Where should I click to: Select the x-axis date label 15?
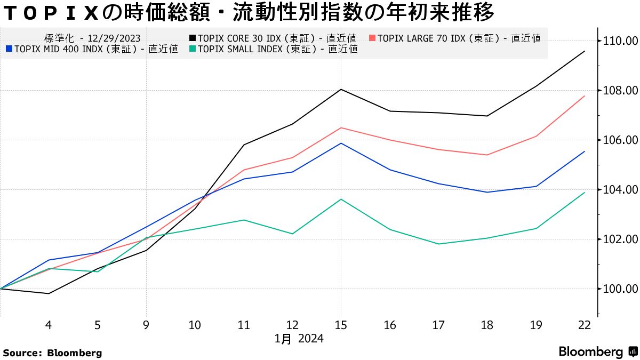pos(341,326)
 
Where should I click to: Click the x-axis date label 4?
pos(49,326)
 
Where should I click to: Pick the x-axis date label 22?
pos(585,326)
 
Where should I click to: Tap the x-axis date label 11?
pos(244,326)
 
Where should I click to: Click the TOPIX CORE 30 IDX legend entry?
pos(272,38)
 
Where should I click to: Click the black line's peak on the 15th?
pos(341,89)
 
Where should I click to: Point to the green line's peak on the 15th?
pos(341,199)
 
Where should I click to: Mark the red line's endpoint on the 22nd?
pos(585,96)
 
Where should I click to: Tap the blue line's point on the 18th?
pos(487,192)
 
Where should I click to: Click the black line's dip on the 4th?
pos(49,293)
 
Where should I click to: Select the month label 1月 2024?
pos(299,339)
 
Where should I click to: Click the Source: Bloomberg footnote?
pos(52,353)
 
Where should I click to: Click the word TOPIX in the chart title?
pos(51,13)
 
